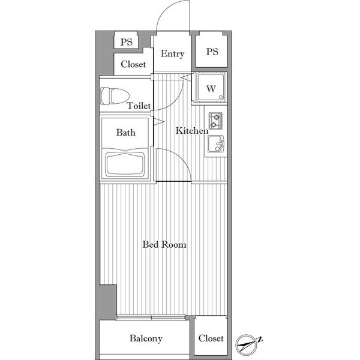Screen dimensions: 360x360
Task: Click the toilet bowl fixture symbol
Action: point(115,96)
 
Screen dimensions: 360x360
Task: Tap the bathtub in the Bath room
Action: point(125,164)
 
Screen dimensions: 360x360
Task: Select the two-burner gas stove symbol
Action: point(215,121)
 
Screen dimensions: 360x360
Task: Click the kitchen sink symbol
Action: point(216,144)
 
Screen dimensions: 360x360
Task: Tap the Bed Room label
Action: point(164,244)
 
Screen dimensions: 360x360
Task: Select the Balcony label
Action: point(146,338)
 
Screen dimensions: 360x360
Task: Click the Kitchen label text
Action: point(192,131)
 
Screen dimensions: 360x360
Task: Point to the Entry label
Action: point(172,54)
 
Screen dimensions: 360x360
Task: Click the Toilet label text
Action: point(139,106)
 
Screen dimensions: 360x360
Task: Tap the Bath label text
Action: point(125,133)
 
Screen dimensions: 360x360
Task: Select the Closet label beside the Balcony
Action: point(211,338)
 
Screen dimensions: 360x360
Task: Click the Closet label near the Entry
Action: point(133,64)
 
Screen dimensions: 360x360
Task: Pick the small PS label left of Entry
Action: point(127,42)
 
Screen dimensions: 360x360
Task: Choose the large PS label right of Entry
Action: point(212,52)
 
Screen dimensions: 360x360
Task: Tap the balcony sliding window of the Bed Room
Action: point(151,318)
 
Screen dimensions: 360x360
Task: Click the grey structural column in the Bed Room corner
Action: point(107,302)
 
